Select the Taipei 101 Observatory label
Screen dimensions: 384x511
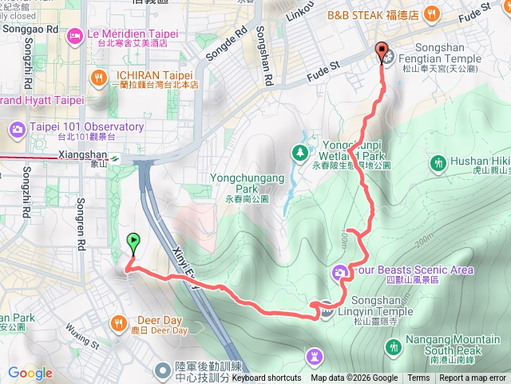pyautogui.click(x=86, y=127)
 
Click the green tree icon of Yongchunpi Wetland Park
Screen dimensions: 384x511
pyautogui.click(x=299, y=151)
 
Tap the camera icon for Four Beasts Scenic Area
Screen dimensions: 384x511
pyautogui.click(x=340, y=274)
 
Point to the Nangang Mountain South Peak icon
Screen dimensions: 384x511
pyautogui.click(x=393, y=347)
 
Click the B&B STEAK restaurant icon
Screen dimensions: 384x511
pyautogui.click(x=432, y=14)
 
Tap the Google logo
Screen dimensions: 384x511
pyautogui.click(x=30, y=373)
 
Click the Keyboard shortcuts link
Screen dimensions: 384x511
pyautogui.click(x=267, y=378)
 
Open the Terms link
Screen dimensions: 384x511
pyautogui.click(x=418, y=378)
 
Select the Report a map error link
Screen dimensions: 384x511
pyautogui.click(x=473, y=378)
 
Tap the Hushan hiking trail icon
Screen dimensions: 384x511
pyautogui.click(x=438, y=164)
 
